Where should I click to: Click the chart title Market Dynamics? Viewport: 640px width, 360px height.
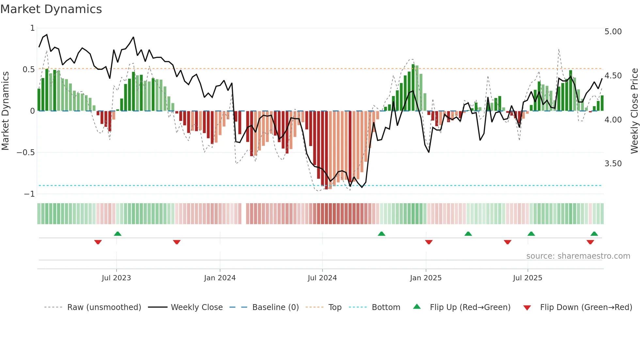[51, 9]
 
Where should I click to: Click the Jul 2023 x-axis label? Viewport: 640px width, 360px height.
[116, 278]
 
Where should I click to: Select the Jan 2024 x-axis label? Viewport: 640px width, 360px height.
[220, 278]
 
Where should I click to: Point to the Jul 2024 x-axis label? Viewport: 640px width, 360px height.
[322, 278]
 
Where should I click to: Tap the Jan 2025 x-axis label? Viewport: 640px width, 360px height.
[426, 278]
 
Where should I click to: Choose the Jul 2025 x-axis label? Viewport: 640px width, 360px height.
[527, 278]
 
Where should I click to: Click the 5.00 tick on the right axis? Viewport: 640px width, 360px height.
[613, 32]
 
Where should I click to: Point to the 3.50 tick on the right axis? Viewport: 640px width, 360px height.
[613, 164]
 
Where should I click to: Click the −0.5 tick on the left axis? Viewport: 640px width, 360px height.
[25, 153]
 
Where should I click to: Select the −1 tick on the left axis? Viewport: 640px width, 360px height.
[29, 194]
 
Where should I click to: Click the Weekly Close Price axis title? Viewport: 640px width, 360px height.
[634, 111]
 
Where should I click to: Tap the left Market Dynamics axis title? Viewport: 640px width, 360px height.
[5, 111]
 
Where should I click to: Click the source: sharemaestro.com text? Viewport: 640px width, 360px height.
[578, 256]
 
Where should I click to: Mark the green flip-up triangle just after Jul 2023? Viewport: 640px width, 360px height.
[118, 234]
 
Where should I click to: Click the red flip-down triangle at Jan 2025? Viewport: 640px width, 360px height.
[429, 242]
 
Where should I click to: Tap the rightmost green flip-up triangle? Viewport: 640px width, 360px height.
[594, 234]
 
